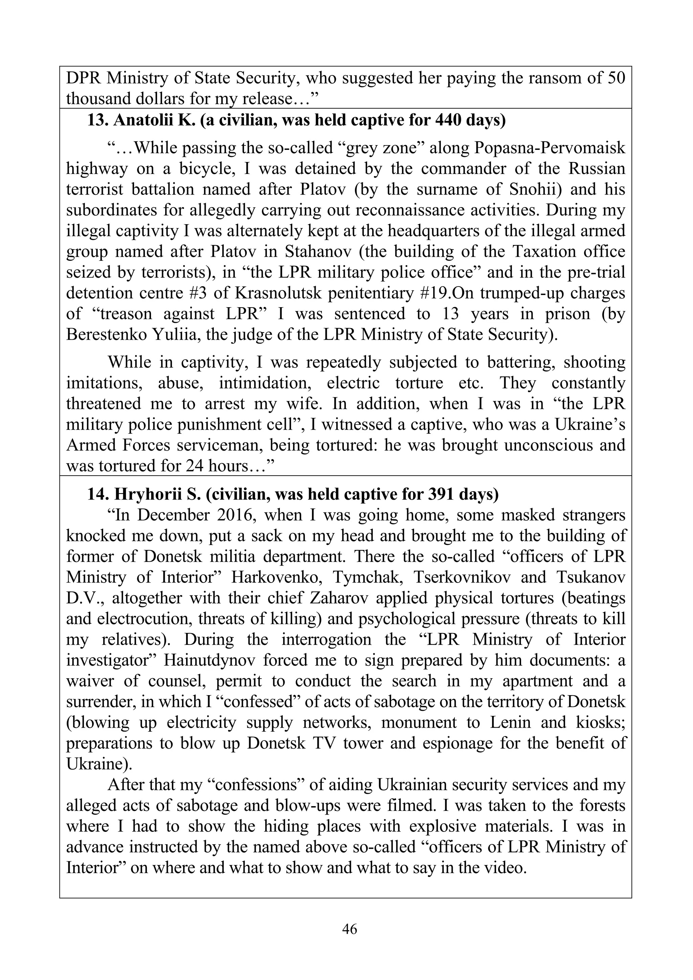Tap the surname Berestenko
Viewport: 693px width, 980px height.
(105, 334)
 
